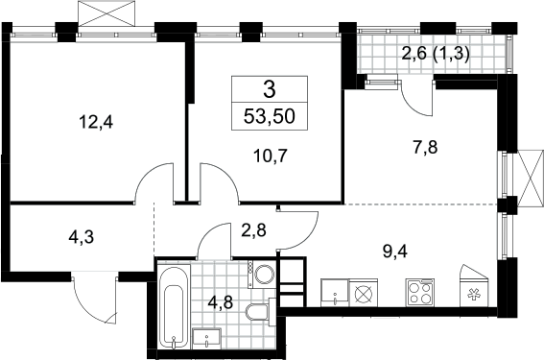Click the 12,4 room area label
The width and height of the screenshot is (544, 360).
(x=96, y=123)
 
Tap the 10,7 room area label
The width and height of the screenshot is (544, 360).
(x=271, y=156)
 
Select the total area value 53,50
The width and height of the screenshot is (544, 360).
(x=270, y=116)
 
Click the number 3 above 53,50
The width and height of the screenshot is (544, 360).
(x=270, y=89)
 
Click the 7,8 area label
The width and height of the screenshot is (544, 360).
(x=426, y=147)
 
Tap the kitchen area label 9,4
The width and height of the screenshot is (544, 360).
(x=395, y=251)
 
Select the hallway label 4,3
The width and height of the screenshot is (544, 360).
(x=82, y=238)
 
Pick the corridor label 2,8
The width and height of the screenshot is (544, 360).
(x=253, y=230)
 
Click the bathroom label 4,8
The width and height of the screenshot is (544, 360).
(x=221, y=301)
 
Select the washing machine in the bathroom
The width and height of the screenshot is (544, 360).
(x=262, y=275)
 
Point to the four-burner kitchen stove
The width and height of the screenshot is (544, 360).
(x=420, y=292)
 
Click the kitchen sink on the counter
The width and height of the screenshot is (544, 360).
(x=335, y=293)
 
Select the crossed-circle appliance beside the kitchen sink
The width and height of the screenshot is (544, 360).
(x=364, y=293)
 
